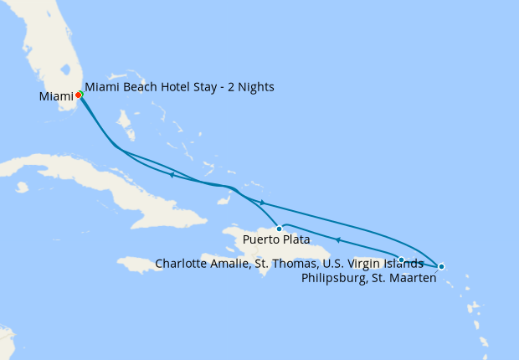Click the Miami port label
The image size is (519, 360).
pyautogui.click(x=57, y=97)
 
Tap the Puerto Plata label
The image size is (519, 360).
pyautogui.click(x=270, y=240)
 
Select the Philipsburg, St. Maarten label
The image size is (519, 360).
pyautogui.click(x=368, y=279)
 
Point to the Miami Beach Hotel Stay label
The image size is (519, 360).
pyautogui.click(x=179, y=87)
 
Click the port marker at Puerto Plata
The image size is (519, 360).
pyautogui.click(x=279, y=229)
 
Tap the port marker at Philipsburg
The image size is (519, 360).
pyautogui.click(x=441, y=267)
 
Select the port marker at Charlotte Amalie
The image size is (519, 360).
pyautogui.click(x=402, y=260)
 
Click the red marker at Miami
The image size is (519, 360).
pyautogui.click(x=78, y=95)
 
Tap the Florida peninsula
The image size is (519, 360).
pyautogui.click(x=50, y=50)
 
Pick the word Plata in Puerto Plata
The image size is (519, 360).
pyautogui.click(x=285, y=240)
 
